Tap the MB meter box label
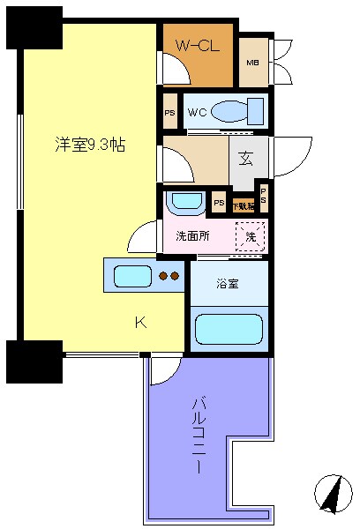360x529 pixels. (253, 63)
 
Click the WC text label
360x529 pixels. (195, 112)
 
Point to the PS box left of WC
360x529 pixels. (169, 112)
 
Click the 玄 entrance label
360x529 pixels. (246, 161)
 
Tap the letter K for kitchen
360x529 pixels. (139, 322)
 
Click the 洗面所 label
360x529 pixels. (191, 235)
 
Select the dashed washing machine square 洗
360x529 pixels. (250, 236)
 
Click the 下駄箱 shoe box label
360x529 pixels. (243, 205)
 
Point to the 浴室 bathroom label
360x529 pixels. (228, 284)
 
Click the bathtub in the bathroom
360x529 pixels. (229, 329)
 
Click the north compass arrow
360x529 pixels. (333, 494)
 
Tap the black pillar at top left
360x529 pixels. (34, 26)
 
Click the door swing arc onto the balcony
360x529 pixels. (161, 371)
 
